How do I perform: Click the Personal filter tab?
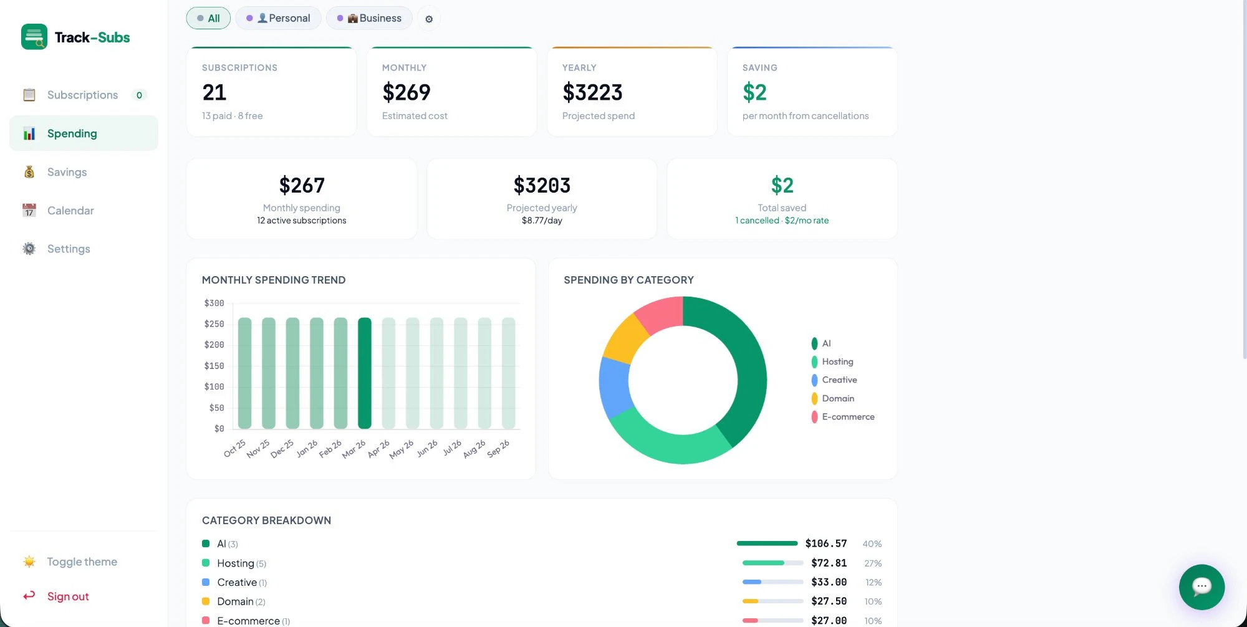point(279,18)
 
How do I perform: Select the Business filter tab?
point(369,18)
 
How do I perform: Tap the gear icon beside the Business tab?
point(429,19)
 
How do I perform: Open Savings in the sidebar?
point(67,172)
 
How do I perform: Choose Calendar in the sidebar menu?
point(70,211)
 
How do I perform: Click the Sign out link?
point(68,596)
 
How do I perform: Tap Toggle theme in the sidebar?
point(82,562)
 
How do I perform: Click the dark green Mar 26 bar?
point(365,373)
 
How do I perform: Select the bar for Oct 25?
point(245,373)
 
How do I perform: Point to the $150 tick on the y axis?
point(214,366)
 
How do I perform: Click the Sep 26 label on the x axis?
point(498,448)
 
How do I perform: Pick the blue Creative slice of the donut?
point(615,385)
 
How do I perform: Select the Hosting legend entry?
point(837,361)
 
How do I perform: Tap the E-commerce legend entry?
point(847,417)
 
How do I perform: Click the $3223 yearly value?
point(592,92)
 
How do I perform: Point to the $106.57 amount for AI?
point(826,543)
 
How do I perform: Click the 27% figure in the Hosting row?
point(872,563)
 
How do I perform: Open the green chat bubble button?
point(1201,586)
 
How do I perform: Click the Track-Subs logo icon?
point(34,37)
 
